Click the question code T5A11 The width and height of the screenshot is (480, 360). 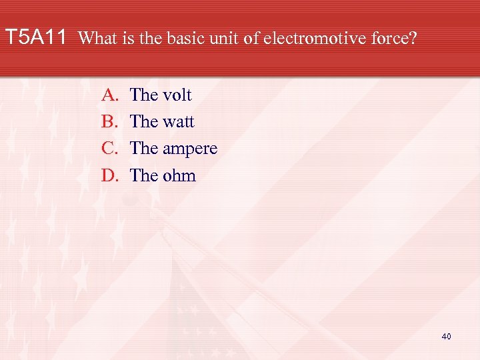[x=36, y=37]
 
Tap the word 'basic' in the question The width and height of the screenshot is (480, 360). [x=181, y=38]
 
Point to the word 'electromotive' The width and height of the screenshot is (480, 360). [x=311, y=38]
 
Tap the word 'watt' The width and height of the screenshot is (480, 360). [x=178, y=122]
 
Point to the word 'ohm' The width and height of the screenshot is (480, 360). [x=179, y=175]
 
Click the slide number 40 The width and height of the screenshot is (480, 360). [x=446, y=337]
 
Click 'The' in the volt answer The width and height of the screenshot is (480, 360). [x=143, y=95]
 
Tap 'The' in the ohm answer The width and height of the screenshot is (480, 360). [x=143, y=175]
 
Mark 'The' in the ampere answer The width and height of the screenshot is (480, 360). [x=143, y=149]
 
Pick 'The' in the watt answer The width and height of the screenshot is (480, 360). [x=143, y=122]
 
